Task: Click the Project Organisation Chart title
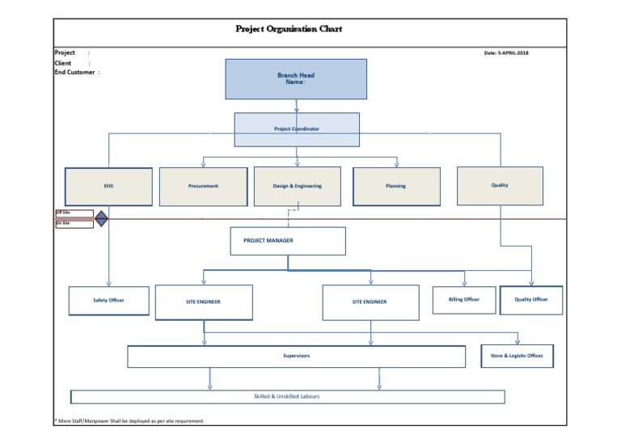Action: tap(289, 29)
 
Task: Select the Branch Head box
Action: tap(296, 78)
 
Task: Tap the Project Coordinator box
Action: tap(296, 129)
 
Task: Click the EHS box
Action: tap(108, 186)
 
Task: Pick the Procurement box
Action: tap(203, 186)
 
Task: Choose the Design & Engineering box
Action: tap(297, 186)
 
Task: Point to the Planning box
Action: tap(395, 186)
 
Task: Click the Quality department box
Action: tap(500, 185)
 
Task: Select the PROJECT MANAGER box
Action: tap(287, 240)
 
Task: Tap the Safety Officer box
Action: tap(108, 300)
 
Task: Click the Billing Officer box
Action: tap(463, 300)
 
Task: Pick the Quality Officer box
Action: tap(531, 300)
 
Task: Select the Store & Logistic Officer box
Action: tap(517, 356)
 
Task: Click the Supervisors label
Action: tap(297, 356)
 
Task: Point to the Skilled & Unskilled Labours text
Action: tap(287, 396)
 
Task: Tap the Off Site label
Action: tap(63, 213)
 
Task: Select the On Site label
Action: tap(63, 223)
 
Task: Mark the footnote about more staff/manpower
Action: tap(129, 420)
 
